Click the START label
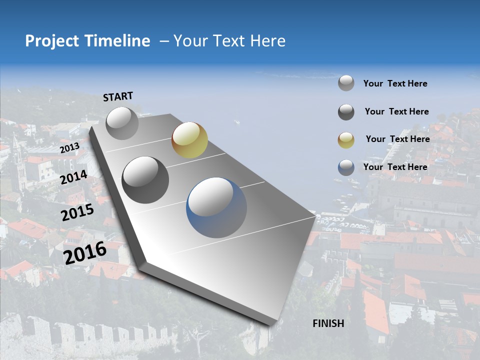[x=118, y=96]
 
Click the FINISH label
[x=328, y=323]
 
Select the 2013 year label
[x=69, y=148]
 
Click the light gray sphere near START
[x=122, y=123]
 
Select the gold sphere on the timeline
[x=189, y=139]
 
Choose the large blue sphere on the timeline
[x=216, y=207]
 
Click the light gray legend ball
[x=346, y=83]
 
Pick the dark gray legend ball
[x=346, y=112]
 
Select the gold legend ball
[x=346, y=139]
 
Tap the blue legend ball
[x=346, y=167]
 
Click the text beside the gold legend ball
[x=397, y=139]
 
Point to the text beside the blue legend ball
[x=395, y=167]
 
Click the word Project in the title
[x=52, y=41]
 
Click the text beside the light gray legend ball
[x=395, y=83]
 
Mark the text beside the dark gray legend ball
[x=396, y=111]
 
